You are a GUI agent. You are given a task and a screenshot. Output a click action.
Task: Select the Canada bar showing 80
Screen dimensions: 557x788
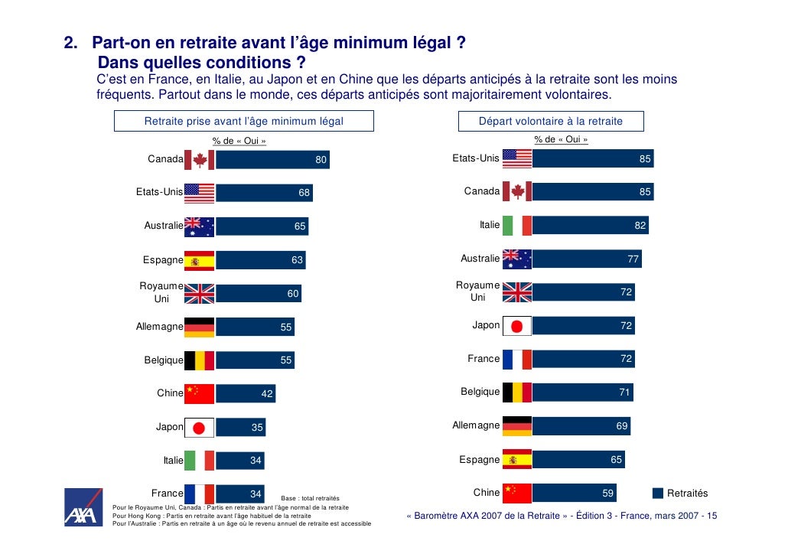click(x=272, y=160)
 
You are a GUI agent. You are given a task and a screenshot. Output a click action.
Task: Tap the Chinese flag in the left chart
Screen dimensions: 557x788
click(x=200, y=393)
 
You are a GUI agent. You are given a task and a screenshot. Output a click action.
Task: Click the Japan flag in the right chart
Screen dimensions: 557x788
click(x=516, y=326)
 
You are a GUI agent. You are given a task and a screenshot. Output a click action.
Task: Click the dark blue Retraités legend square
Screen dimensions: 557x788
click(x=658, y=493)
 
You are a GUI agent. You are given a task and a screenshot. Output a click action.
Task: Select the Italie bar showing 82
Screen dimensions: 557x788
click(x=590, y=226)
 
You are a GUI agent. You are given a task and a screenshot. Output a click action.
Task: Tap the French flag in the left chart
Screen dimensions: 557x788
click(x=200, y=493)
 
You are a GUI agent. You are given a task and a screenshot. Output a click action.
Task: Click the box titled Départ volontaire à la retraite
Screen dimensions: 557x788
click(x=551, y=121)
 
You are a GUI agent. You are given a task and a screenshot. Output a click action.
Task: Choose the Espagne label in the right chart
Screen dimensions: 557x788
click(x=480, y=460)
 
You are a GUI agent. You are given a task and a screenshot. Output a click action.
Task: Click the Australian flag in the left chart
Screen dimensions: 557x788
click(x=200, y=226)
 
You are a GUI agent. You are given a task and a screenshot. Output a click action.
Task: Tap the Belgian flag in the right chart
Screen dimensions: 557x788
click(x=516, y=393)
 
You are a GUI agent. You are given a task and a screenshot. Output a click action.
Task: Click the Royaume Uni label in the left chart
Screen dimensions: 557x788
click(x=161, y=292)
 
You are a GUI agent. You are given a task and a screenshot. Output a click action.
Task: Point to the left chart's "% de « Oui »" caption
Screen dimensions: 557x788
click(x=239, y=141)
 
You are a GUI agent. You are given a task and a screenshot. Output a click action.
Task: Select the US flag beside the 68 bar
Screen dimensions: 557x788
click(x=200, y=193)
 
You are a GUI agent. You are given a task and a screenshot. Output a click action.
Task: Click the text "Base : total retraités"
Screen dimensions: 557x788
click(x=310, y=499)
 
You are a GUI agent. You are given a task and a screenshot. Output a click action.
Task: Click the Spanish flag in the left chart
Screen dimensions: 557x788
click(x=200, y=261)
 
